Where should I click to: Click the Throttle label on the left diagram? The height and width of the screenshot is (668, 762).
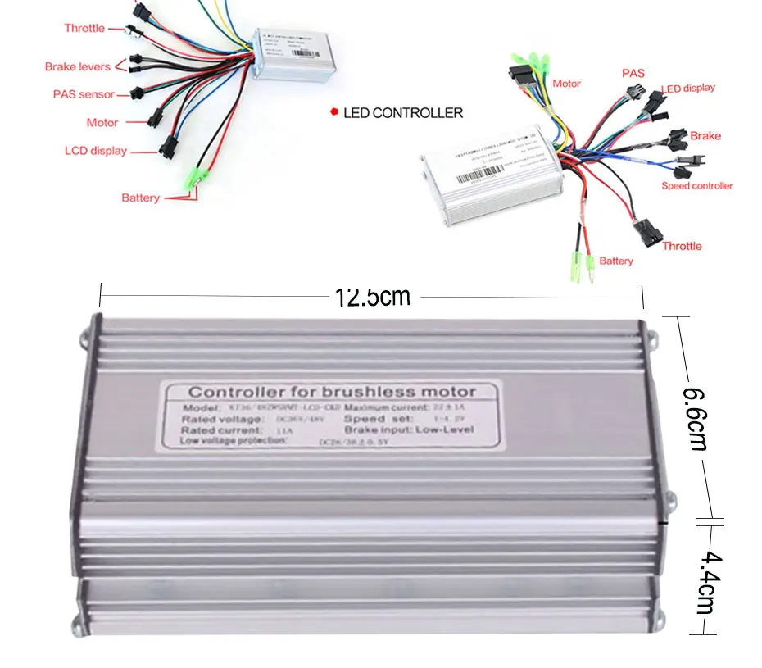84,28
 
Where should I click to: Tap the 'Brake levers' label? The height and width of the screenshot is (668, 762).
77,66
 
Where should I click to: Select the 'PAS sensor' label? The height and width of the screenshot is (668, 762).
84,94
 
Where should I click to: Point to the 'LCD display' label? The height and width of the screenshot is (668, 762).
96,151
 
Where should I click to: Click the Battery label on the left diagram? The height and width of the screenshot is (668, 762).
140,198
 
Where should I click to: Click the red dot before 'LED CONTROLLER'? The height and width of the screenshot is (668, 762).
333,112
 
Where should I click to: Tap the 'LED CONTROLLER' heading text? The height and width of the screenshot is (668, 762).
403,113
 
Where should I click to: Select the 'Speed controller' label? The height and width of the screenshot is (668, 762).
696,186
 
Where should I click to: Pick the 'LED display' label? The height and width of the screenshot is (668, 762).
687,88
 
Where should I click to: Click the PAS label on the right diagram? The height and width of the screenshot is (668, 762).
633,73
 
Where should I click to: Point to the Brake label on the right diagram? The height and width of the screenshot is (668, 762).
705,135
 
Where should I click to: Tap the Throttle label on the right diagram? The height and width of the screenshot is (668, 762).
682,246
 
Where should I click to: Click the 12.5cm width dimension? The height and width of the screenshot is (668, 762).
372,296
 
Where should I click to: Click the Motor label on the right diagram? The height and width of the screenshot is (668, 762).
566,84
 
